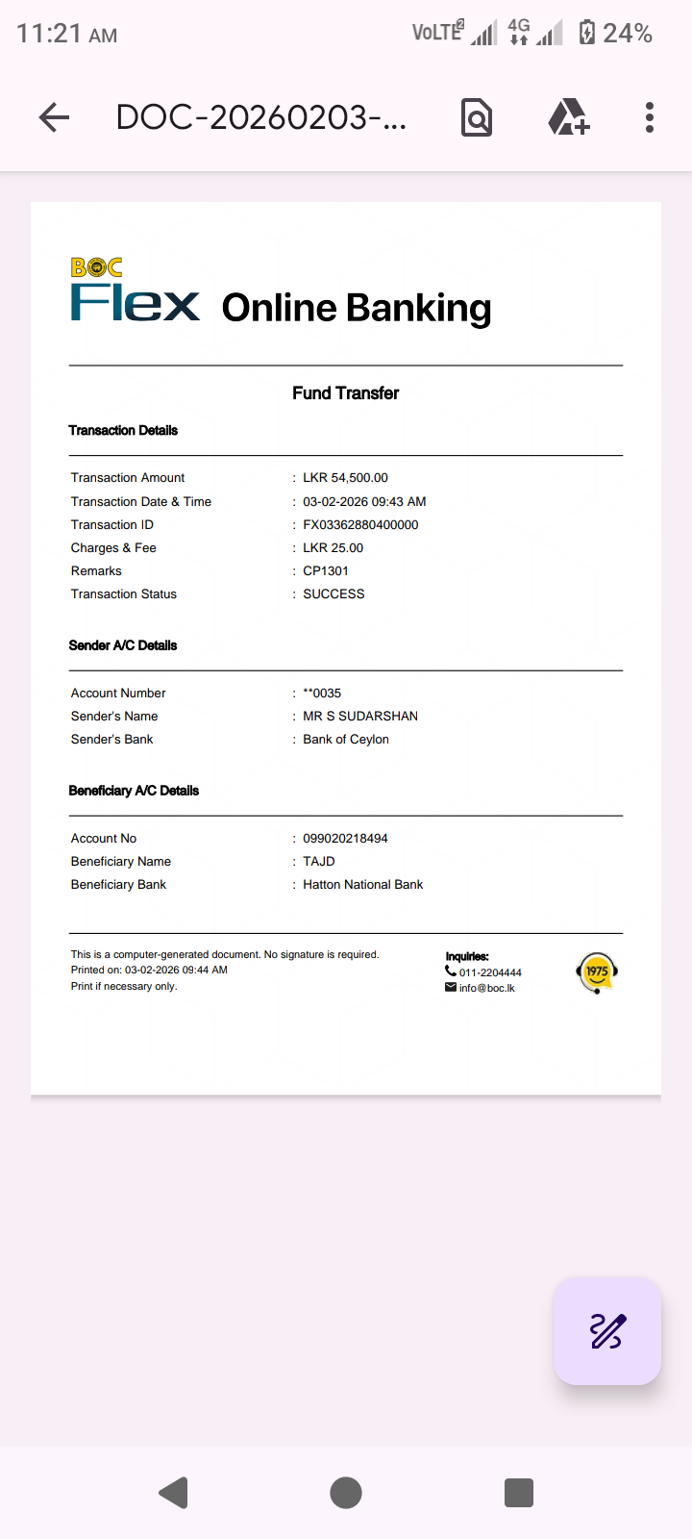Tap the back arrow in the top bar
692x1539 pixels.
54,117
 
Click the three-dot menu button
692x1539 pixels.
650,117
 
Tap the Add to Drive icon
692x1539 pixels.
568,117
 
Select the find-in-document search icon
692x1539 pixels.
477,117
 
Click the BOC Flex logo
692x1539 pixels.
135,290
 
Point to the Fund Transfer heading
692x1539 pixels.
345,392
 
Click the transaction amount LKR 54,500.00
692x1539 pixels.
345,477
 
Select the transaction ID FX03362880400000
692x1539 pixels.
360,524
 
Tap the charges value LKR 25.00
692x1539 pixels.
333,547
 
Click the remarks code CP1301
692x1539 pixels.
326,570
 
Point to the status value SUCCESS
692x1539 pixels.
334,593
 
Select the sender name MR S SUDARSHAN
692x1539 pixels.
360,716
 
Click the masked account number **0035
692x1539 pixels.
322,693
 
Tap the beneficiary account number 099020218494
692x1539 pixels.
345,838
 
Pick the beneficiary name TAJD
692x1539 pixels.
319,861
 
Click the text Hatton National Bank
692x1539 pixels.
362,884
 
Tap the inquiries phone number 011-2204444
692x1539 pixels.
490,972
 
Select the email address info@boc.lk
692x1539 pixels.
486,988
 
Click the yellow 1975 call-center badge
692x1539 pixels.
597,972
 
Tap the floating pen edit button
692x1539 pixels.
606,1331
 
